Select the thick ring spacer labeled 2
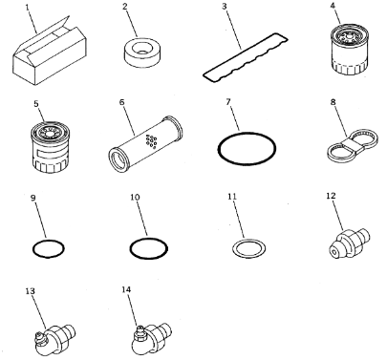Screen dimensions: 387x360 pos(140,54)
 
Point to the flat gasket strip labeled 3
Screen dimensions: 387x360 pos(246,56)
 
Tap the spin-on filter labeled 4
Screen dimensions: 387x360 pos(350,49)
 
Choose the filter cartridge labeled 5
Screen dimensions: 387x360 pos(50,147)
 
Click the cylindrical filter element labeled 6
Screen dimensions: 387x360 pos(145,144)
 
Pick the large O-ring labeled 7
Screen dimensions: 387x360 pos(247,149)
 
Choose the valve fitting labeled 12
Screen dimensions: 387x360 pos(349,243)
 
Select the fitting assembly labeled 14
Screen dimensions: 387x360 pos(151,339)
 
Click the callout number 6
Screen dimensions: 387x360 pos(122,102)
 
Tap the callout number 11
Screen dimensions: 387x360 pos(232,196)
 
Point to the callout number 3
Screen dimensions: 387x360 pos(225,7)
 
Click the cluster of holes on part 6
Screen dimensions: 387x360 pos(151,140)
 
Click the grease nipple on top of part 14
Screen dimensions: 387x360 pos(140,331)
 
